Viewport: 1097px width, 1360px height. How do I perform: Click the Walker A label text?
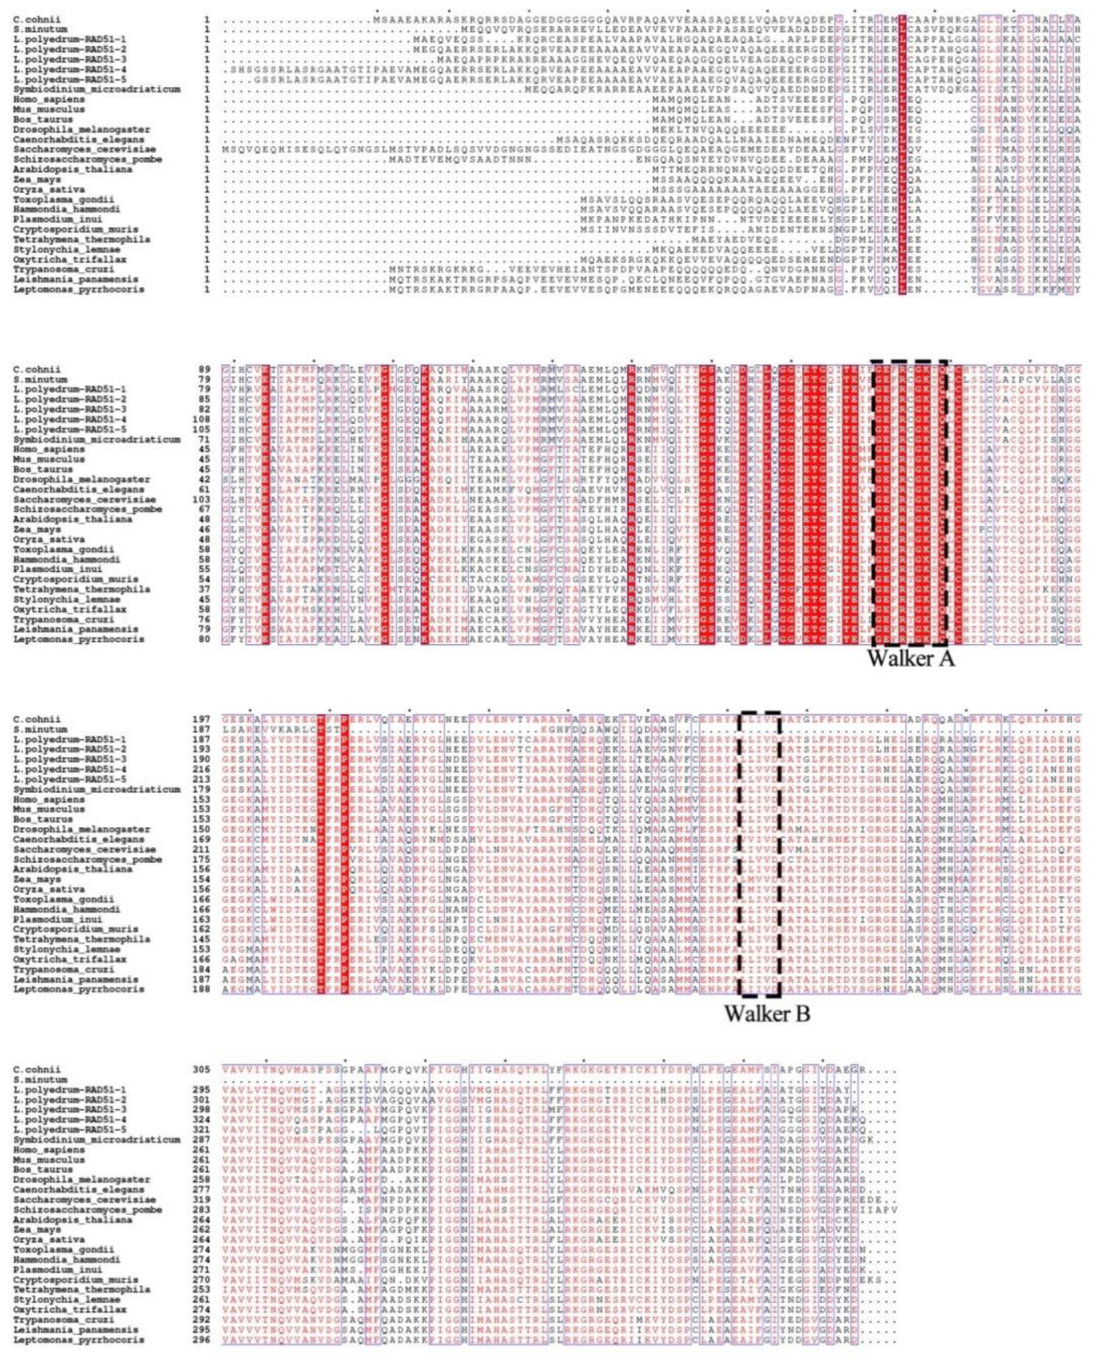[x=910, y=658]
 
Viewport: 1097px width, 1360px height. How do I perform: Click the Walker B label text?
[x=767, y=1013]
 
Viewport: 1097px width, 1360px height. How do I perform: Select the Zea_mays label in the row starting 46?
[x=37, y=530]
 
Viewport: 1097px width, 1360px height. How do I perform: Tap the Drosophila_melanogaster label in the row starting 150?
[x=81, y=829]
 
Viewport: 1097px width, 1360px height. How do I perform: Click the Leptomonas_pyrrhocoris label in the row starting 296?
[x=79, y=1340]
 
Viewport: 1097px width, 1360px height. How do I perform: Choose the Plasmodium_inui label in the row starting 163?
[x=57, y=920]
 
